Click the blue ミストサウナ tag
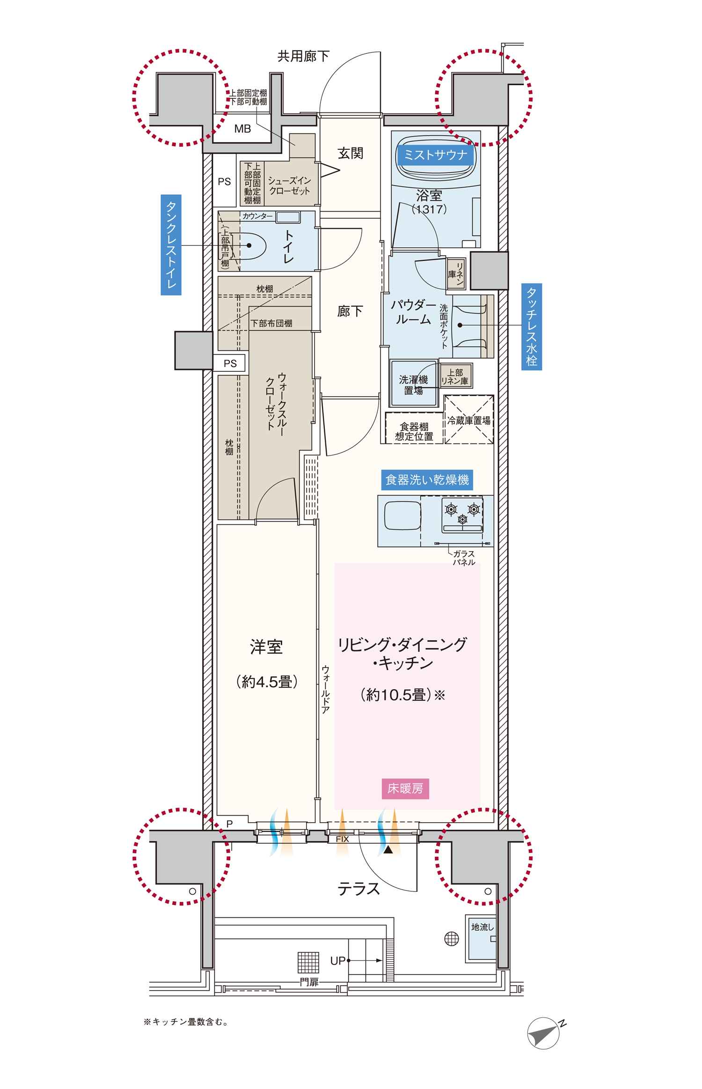(x=435, y=155)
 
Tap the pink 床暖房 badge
(x=405, y=788)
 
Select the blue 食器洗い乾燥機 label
(x=427, y=480)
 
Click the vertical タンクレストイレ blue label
(x=171, y=245)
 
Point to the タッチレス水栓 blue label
(x=532, y=327)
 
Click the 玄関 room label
(x=350, y=153)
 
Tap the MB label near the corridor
(x=242, y=129)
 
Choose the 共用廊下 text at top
(x=303, y=57)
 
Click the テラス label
(x=358, y=889)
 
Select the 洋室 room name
(x=266, y=647)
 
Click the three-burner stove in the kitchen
(x=462, y=515)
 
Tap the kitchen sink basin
(x=402, y=515)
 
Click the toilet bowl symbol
(x=252, y=245)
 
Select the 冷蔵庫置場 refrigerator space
(x=469, y=420)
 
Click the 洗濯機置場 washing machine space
(x=413, y=383)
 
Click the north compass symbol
(x=544, y=1032)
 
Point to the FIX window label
(x=342, y=839)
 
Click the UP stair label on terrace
(x=337, y=961)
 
